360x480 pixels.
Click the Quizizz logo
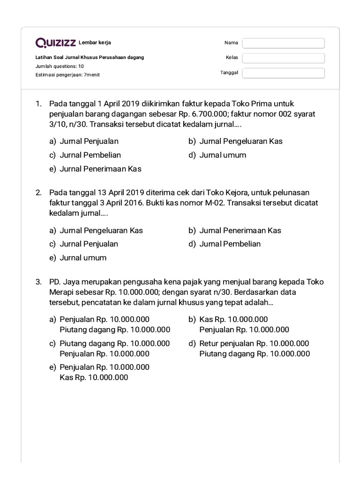coord(56,43)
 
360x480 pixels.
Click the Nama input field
coord(283,43)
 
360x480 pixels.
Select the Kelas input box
coord(283,58)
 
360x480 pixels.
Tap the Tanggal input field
coord(283,73)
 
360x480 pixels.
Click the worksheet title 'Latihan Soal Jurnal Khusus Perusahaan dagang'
coord(90,57)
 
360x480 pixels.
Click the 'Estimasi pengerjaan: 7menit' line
coord(67,75)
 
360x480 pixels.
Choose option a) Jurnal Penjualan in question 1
coord(89,141)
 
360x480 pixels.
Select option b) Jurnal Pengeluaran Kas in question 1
coord(240,141)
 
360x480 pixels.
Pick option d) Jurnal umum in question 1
coord(222,155)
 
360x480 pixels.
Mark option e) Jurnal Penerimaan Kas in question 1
coord(100,169)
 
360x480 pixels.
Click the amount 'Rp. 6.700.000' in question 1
coord(206,114)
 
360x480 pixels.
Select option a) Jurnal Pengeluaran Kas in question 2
coord(101,231)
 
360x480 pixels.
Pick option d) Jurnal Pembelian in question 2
coord(230,244)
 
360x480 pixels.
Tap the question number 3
coord(38,282)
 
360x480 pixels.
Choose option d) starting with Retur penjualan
coord(254,349)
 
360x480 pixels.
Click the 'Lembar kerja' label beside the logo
coord(95,43)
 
